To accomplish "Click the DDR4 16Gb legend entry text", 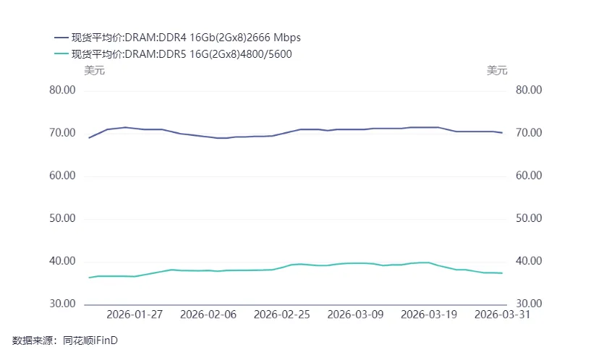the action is (186, 38).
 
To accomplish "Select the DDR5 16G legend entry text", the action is (182, 54).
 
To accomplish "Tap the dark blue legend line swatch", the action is (61, 38).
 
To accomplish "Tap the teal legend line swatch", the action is (61, 53).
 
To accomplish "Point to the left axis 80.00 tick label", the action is (62, 90).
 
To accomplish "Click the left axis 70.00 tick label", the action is (62, 133).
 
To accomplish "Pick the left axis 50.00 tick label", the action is (62, 218).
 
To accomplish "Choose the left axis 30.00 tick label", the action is (62, 304).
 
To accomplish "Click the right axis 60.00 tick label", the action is (529, 176).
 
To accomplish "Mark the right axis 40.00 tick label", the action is (529, 261).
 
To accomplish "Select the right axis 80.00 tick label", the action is (529, 90).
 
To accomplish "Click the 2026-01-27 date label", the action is (135, 314).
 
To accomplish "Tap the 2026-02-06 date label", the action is (208, 314).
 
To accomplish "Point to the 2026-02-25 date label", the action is (282, 314).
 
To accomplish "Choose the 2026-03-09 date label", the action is (355, 314).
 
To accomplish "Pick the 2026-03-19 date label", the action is (429, 314).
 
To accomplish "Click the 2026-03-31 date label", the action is (503, 314).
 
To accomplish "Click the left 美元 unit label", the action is (94, 70).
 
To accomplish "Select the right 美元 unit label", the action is (497, 70).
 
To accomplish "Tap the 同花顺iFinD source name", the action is (90, 340).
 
